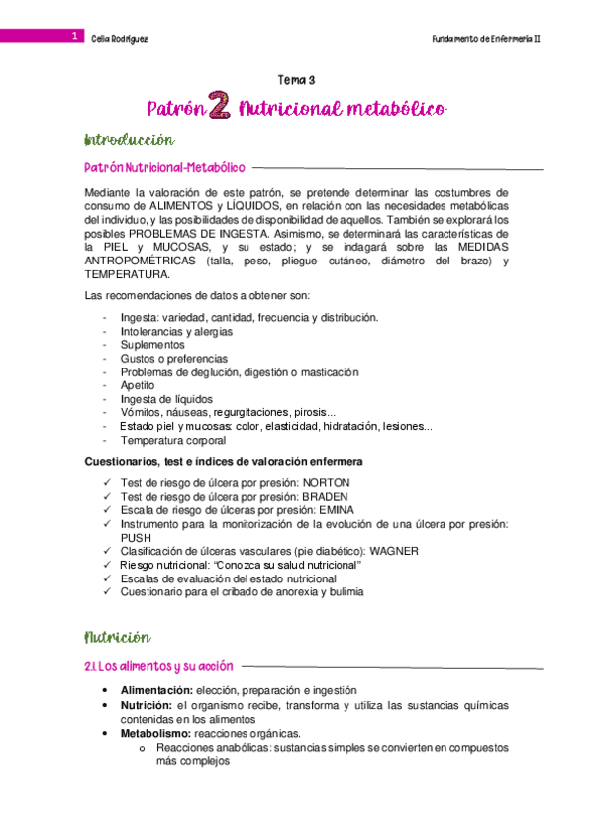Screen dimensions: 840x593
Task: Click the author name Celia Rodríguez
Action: click(119, 38)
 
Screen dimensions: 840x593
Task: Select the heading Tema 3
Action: click(295, 80)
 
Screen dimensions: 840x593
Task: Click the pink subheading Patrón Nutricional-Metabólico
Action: click(164, 168)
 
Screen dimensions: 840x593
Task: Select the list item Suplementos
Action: click(151, 345)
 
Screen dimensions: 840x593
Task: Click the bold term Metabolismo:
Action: click(155, 734)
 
